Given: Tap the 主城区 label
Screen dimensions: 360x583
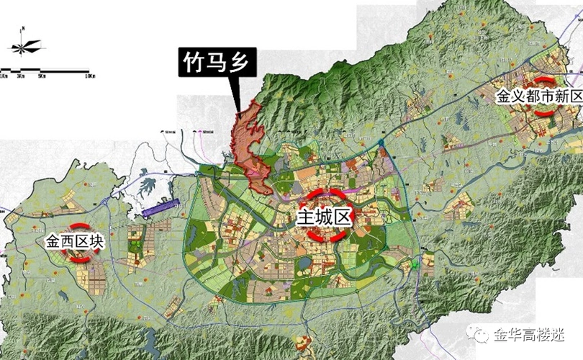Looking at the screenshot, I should [324, 215].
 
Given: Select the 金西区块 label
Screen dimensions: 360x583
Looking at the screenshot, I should [75, 241].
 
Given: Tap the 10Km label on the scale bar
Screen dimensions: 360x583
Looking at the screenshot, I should [90, 76].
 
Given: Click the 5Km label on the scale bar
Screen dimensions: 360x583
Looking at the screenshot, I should [42, 76].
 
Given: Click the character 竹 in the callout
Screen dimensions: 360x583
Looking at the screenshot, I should [191, 65].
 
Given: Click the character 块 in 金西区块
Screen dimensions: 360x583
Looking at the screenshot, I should [97, 241].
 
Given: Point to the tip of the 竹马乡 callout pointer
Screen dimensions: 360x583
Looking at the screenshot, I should [238, 112].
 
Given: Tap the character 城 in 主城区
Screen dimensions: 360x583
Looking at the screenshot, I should [324, 215].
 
